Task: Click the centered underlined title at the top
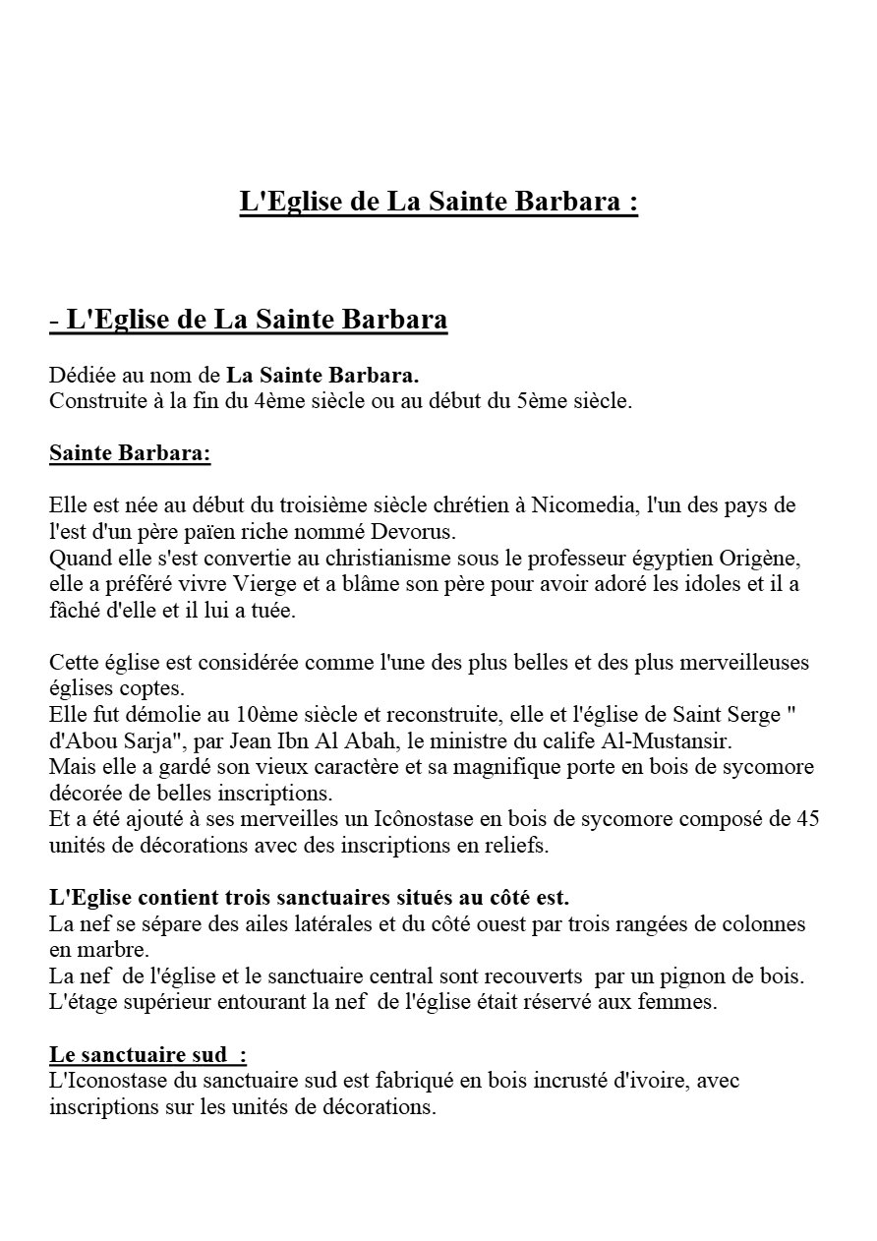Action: pyautogui.click(x=438, y=203)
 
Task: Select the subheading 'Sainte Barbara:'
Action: pyautogui.click(x=130, y=455)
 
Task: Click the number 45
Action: pyautogui.click(x=808, y=818)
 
